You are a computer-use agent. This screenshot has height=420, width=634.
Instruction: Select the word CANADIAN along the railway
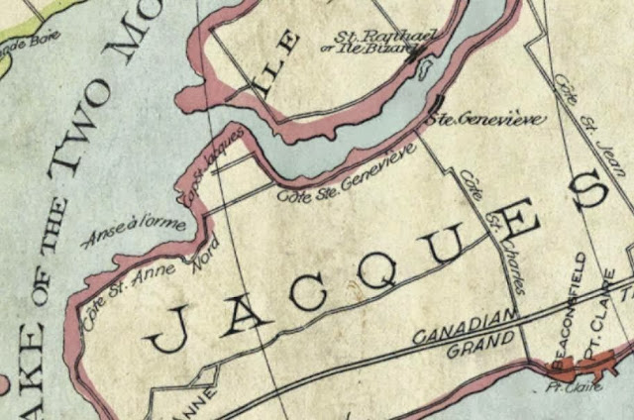[x=464, y=329]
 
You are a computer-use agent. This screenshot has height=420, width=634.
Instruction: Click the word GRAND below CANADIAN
[x=479, y=344]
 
